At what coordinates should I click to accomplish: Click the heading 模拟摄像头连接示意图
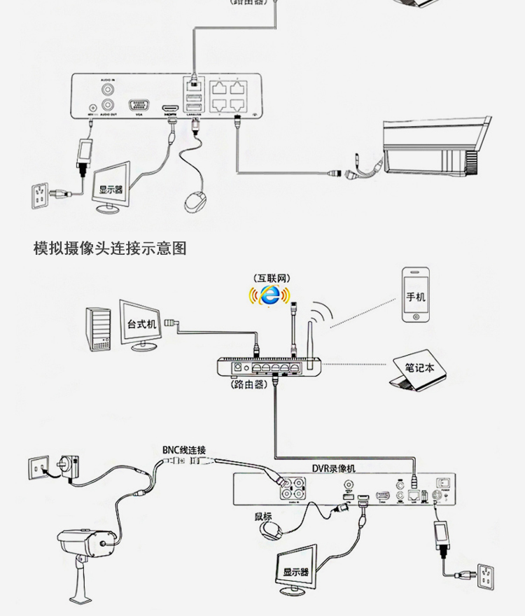[110, 248]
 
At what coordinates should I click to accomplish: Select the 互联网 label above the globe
[272, 278]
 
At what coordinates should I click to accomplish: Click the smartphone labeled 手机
[416, 295]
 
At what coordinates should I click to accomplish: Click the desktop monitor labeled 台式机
[142, 324]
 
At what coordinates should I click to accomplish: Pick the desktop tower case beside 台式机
[99, 328]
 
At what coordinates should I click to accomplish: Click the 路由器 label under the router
[248, 384]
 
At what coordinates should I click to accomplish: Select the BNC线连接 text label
[184, 450]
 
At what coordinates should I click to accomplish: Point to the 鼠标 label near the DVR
[263, 517]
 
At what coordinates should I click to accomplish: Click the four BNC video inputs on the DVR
[293, 487]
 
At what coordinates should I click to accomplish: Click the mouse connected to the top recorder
[195, 200]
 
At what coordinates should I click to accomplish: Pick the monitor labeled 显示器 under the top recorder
[112, 186]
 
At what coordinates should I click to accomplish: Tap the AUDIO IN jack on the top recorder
[108, 90]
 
